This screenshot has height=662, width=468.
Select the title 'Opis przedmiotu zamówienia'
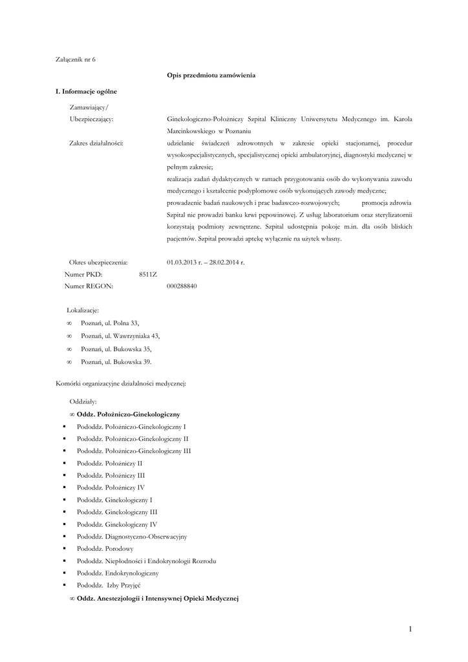tap(211, 76)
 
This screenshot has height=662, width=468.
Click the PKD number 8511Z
tap(148, 274)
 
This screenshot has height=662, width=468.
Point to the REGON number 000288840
tap(182, 286)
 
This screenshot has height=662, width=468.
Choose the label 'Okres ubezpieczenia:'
tap(98, 262)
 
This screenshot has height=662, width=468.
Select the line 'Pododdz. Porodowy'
tap(105, 548)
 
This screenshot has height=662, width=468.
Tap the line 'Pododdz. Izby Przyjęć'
tap(104, 585)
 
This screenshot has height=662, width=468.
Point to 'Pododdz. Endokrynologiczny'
tap(118, 573)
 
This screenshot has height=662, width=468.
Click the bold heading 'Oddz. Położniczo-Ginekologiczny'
tap(128, 413)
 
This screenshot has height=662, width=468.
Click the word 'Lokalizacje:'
tap(83, 310)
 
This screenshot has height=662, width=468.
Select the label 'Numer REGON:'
tap(89, 286)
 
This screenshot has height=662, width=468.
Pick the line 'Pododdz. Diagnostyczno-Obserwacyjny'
tap(132, 536)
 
